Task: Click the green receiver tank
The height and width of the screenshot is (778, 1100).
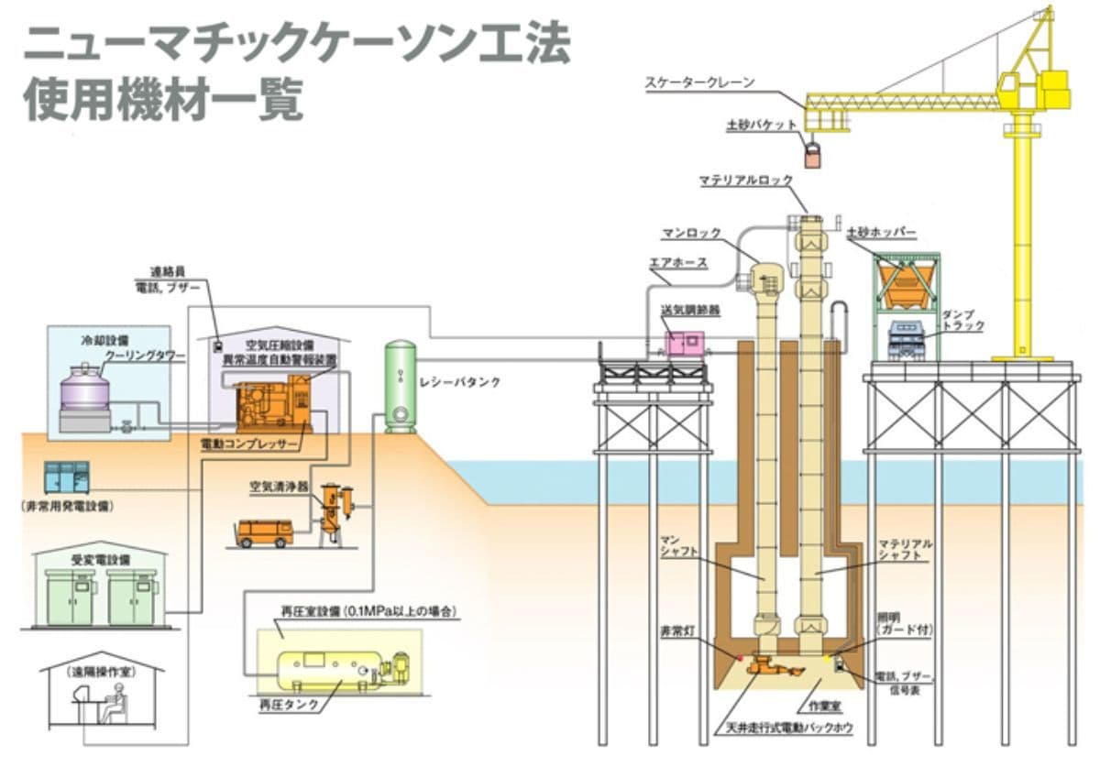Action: click(400, 386)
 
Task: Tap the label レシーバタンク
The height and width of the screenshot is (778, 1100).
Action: click(467, 382)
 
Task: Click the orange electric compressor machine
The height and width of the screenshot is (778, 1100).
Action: click(273, 407)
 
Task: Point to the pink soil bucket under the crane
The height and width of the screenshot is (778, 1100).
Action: click(813, 154)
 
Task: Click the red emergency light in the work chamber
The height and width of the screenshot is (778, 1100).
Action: click(740, 657)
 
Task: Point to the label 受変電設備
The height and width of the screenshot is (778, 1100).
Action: click(101, 558)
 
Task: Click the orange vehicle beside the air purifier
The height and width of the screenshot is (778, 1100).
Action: click(264, 532)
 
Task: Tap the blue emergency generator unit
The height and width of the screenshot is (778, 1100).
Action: click(67, 477)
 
